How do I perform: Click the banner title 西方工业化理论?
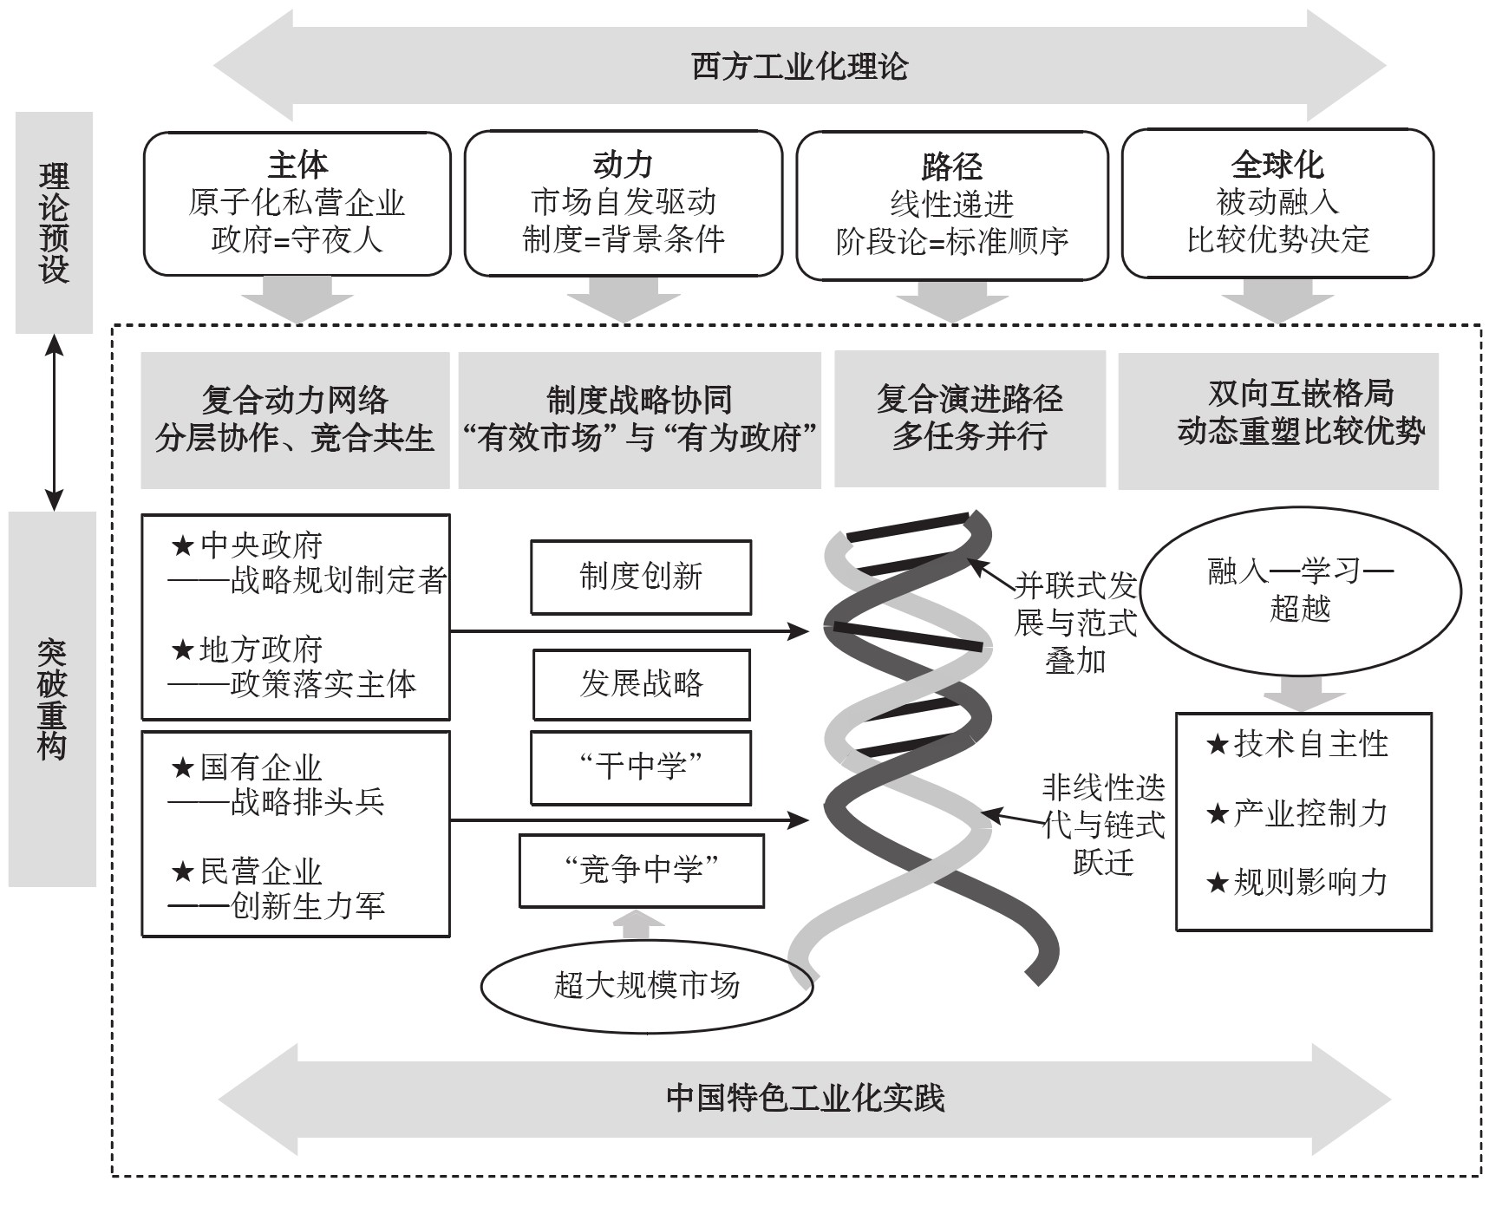click(800, 67)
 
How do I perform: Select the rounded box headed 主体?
click(297, 204)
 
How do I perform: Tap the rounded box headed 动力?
click(623, 204)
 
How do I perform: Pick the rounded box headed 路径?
click(951, 206)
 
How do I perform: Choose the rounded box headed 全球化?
click(1277, 204)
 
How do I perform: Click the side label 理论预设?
click(54, 223)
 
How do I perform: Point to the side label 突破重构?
click(52, 699)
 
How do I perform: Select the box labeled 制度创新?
click(641, 578)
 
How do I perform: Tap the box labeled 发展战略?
click(642, 684)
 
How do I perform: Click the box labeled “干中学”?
click(641, 767)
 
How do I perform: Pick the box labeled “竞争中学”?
click(642, 870)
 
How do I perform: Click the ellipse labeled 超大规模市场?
click(647, 986)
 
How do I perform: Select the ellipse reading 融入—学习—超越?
click(1300, 591)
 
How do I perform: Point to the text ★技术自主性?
click(1297, 744)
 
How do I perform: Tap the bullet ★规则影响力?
click(1297, 883)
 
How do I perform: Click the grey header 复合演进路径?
click(970, 399)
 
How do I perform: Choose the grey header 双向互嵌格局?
click(1301, 393)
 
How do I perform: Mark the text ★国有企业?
click(246, 767)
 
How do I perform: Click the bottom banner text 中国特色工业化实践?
click(805, 1098)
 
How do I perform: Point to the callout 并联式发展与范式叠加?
click(1075, 623)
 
